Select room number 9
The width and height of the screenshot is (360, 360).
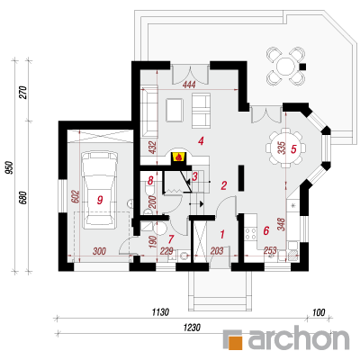pos(100,200)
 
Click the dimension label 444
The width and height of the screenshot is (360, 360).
pos(189,85)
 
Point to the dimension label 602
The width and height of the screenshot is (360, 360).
pos(76,197)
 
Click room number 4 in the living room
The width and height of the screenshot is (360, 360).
pos(201,140)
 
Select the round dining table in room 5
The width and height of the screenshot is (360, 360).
pos(286,148)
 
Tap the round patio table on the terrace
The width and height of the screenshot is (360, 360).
pos(286,66)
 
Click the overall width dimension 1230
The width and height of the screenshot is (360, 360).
pos(192,328)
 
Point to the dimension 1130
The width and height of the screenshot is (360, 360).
pos(160,312)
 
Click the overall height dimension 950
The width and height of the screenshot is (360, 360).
pos(10,167)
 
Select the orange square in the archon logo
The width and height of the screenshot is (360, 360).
pos(234,341)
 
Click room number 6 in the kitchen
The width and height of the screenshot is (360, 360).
pos(266,230)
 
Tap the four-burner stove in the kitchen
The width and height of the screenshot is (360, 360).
pos(251,234)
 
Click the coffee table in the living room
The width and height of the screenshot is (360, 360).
pos(175,110)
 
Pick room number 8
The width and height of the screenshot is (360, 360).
pos(150,180)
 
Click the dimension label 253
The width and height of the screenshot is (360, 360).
pos(271,249)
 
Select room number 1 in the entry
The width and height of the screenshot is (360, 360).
pos(222,234)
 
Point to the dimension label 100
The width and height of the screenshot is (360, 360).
pos(319,312)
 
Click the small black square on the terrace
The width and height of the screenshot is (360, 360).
pos(303,67)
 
